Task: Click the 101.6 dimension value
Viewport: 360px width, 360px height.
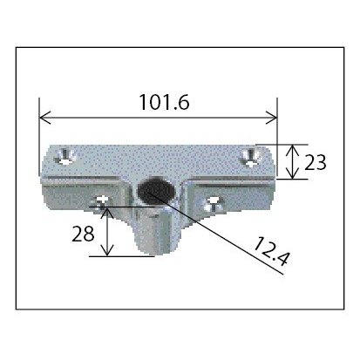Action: click(x=165, y=102)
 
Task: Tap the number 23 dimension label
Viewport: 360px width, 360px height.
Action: click(x=316, y=162)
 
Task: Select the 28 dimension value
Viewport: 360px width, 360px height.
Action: click(x=83, y=234)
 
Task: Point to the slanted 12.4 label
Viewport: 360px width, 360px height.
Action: click(x=271, y=252)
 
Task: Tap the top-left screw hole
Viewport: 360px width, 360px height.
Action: click(x=66, y=155)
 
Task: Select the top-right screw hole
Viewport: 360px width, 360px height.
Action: click(x=251, y=157)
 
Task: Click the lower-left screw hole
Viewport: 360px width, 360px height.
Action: click(x=101, y=202)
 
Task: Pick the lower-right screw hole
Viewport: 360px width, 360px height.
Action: click(x=214, y=204)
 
